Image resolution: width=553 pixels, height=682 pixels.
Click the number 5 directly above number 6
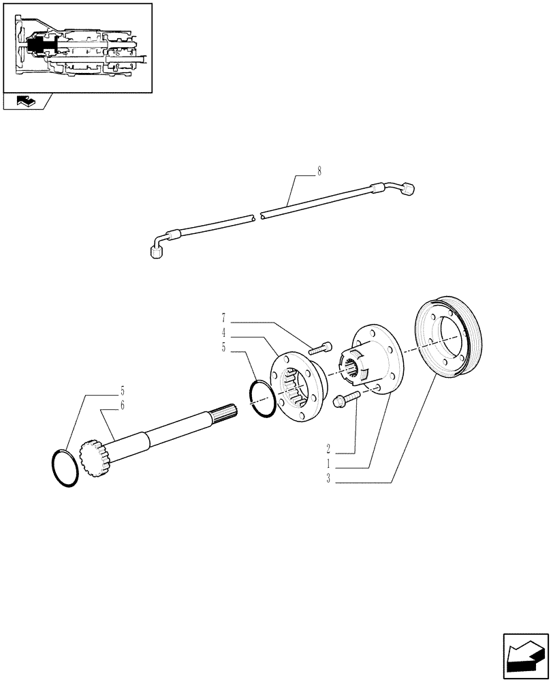coord(122,391)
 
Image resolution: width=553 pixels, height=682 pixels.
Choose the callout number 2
coord(328,449)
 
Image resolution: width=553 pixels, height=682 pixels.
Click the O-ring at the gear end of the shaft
coord(65,468)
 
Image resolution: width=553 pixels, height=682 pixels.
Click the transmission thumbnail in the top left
coord(77,48)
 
